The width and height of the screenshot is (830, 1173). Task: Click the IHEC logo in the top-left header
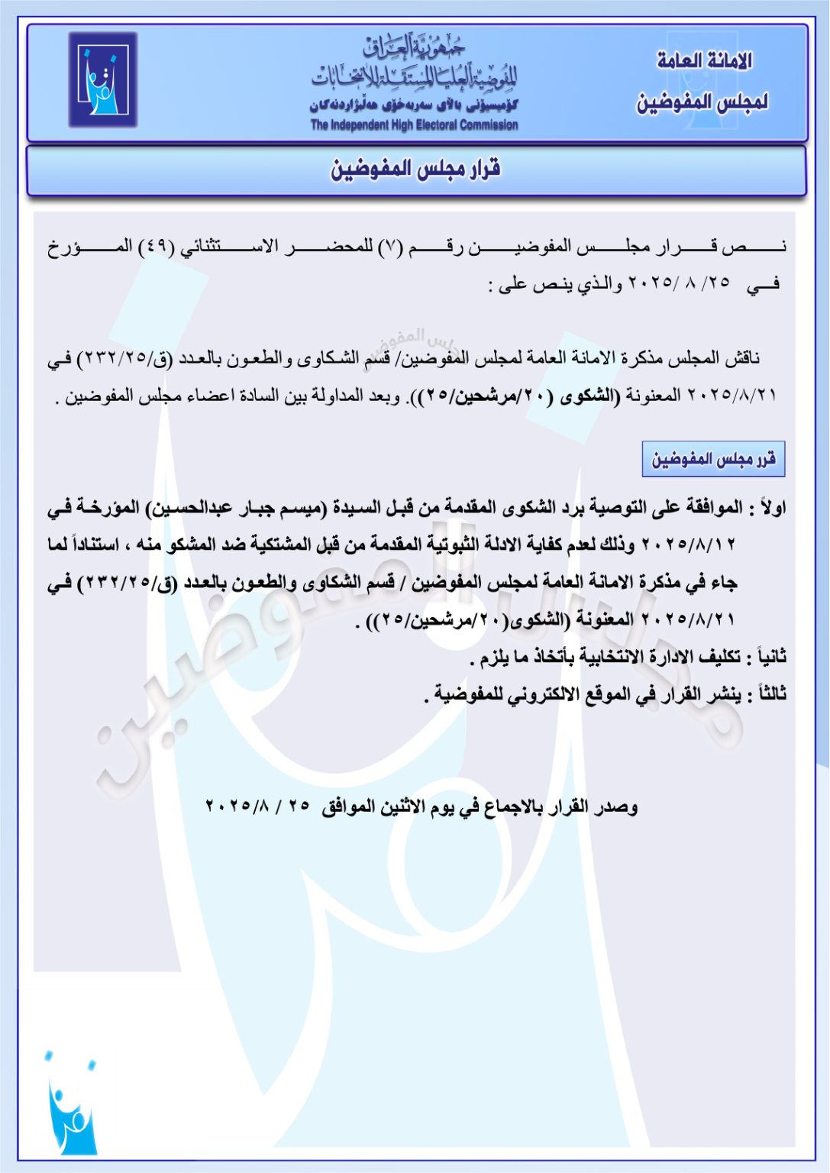pyautogui.click(x=103, y=79)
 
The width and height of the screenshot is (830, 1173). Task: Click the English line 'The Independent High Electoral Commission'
pyautogui.click(x=414, y=125)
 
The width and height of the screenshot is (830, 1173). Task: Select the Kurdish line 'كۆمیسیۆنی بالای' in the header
pyautogui.click(x=414, y=105)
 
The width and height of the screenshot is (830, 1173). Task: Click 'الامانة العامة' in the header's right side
pyautogui.click(x=704, y=61)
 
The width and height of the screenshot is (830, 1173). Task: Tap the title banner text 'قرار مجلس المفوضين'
pyautogui.click(x=415, y=169)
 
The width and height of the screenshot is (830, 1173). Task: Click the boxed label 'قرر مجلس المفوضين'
pyautogui.click(x=713, y=459)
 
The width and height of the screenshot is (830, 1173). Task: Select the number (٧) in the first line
pyautogui.click(x=389, y=247)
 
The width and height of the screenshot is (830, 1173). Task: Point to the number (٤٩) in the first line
pyautogui.click(x=156, y=247)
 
